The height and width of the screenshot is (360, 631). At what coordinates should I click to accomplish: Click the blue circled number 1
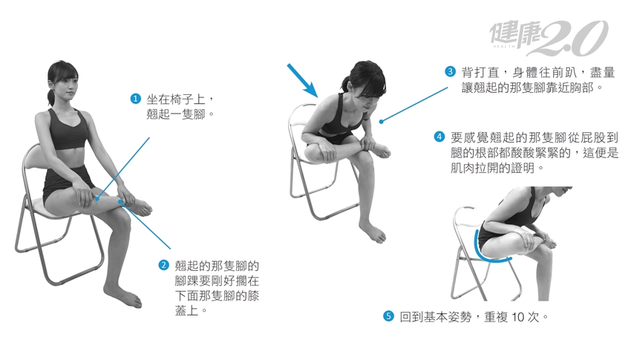pos(136,99)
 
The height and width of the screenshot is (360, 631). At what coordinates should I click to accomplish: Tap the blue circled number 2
pos(164,265)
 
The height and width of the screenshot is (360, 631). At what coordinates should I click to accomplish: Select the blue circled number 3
pos(450,71)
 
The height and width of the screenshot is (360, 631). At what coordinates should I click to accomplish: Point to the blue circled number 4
pos(439,137)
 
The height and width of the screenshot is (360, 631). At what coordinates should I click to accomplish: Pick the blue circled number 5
pos(388,316)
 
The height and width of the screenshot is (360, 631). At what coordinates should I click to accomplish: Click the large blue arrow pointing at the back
pos(303,81)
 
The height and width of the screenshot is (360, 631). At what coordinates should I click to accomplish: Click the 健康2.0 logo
pos(549,38)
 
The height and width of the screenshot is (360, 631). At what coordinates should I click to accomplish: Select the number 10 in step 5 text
pos(518,317)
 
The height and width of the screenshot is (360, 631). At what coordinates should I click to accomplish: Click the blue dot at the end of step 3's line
pos(381,121)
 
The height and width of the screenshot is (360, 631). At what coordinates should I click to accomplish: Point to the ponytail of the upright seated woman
pos(50,97)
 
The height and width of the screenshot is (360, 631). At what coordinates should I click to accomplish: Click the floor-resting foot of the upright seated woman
pos(123,295)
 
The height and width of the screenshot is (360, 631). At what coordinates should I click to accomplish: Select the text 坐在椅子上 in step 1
pos(175,99)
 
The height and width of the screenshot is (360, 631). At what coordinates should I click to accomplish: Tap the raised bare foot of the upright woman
pos(138,206)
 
